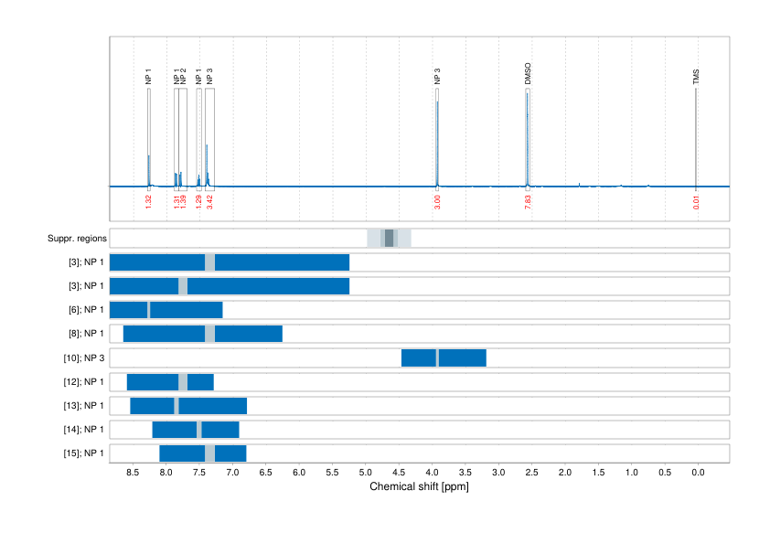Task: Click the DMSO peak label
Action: point(528,74)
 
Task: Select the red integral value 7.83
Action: point(528,201)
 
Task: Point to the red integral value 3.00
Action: point(437,201)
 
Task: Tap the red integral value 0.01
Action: point(696,201)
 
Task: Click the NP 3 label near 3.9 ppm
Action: point(437,77)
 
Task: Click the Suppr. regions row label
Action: point(77,239)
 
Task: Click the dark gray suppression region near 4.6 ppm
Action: point(389,239)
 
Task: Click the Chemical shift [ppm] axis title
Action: point(419,486)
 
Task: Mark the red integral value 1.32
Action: point(148,201)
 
